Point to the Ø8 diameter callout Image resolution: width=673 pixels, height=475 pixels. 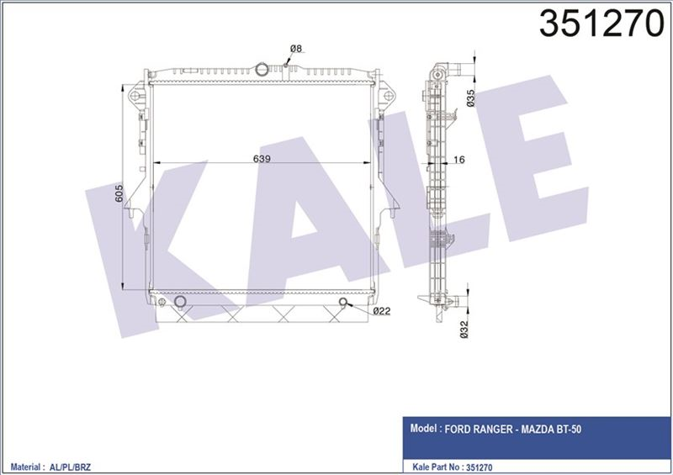pos(295,49)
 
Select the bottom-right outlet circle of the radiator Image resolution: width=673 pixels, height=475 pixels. pos(344,303)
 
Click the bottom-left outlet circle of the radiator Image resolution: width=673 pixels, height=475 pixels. pos(181,302)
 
